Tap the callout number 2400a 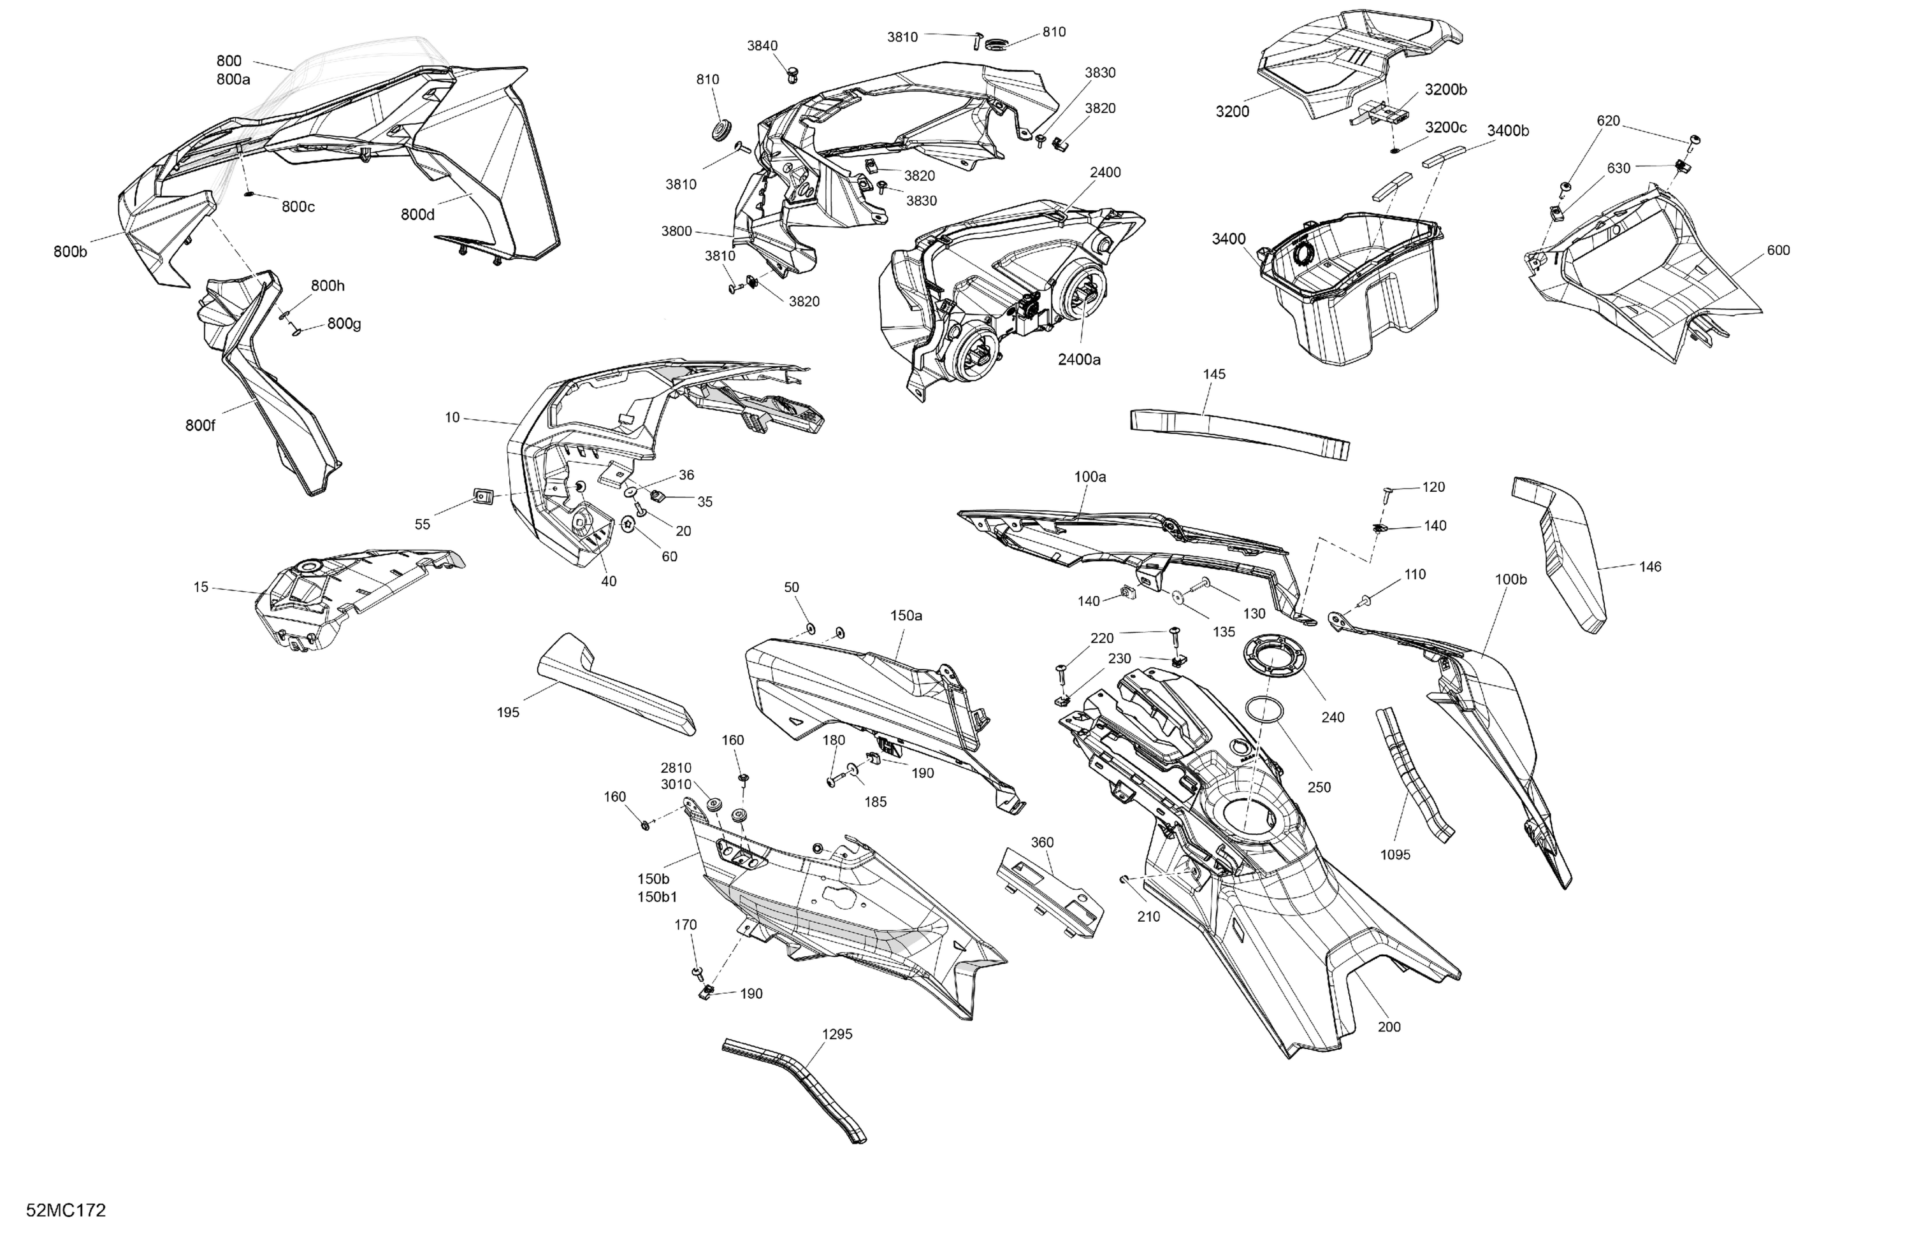click(x=1079, y=360)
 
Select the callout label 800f click(x=200, y=426)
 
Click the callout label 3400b click(x=1508, y=131)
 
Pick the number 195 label click(x=509, y=712)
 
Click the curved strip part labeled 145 click(x=1240, y=434)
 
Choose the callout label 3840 click(x=762, y=46)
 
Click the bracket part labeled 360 click(x=1050, y=891)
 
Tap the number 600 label click(x=1779, y=250)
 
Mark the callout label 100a click(x=1090, y=477)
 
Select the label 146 click(x=1650, y=567)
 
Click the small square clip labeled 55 click(x=481, y=497)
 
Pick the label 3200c click(x=1446, y=127)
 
